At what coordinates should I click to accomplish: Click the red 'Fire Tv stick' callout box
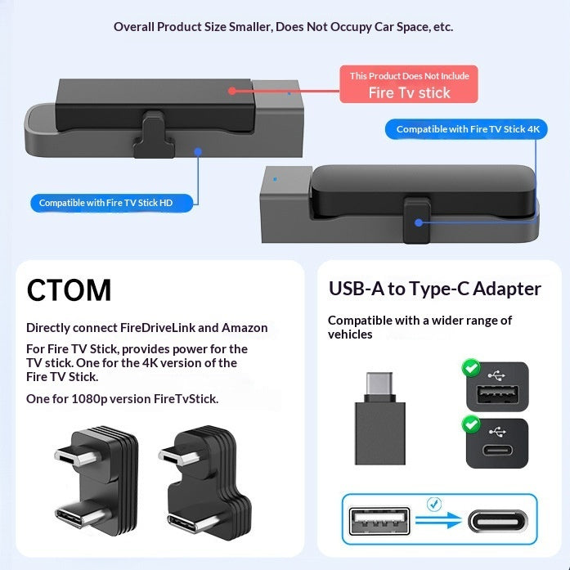click(x=409, y=84)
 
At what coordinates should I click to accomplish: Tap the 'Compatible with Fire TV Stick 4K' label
click(x=467, y=129)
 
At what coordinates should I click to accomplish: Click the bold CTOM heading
click(x=70, y=290)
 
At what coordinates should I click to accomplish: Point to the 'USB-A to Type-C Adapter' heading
click(x=434, y=289)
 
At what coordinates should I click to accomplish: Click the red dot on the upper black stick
click(x=232, y=92)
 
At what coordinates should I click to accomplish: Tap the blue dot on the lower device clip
click(x=418, y=222)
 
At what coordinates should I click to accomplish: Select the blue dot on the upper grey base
click(x=197, y=150)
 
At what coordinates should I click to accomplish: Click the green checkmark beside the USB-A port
click(x=471, y=369)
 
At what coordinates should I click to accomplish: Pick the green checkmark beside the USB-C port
click(x=471, y=424)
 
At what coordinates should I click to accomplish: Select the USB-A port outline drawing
click(x=379, y=521)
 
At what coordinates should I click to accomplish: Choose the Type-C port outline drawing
click(x=499, y=521)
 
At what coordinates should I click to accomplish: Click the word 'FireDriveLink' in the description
click(x=158, y=328)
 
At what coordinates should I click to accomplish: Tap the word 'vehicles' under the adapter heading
click(x=350, y=334)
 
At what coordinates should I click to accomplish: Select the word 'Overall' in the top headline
click(x=134, y=27)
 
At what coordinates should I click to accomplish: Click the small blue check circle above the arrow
click(x=434, y=505)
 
